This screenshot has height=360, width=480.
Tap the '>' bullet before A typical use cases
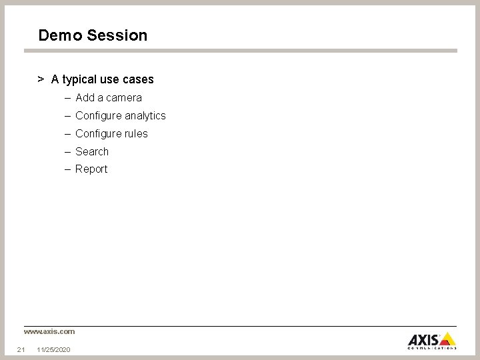[x=41, y=79]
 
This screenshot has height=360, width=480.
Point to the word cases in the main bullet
[x=138, y=80]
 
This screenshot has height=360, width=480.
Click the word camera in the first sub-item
[x=123, y=98]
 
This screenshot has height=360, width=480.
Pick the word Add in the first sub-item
[x=85, y=98]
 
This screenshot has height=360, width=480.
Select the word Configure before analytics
[x=98, y=116]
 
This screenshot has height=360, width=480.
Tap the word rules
[x=135, y=134]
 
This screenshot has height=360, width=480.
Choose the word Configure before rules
[x=98, y=134]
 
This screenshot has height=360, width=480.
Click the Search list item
[x=92, y=152]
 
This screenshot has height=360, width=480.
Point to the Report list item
[x=91, y=169]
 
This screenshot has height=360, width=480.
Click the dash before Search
[x=68, y=152]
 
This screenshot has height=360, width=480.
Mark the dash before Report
[x=68, y=169]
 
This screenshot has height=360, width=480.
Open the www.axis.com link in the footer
[x=49, y=331]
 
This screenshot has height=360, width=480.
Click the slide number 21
[x=21, y=350]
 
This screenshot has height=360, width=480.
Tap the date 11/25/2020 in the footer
[x=54, y=350]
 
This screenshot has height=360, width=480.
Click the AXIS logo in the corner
[x=431, y=340]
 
